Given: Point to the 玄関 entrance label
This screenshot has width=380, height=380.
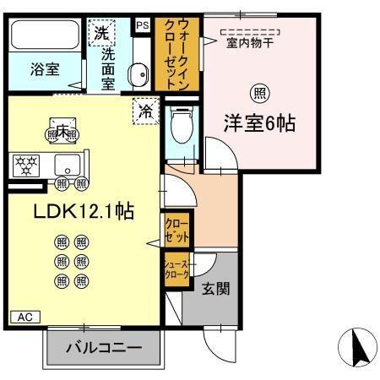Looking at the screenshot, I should [x=214, y=288].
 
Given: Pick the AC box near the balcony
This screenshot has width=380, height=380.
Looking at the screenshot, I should [x=24, y=317].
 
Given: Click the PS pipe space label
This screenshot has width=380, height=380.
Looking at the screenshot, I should [x=142, y=25].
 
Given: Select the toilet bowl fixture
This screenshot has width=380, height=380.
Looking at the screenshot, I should [x=178, y=128].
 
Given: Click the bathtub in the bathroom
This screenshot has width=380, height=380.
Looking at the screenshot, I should [x=43, y=36].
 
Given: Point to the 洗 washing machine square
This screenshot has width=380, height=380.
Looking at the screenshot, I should [x=101, y=35].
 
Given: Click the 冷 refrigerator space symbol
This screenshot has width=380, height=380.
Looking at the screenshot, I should [x=144, y=110].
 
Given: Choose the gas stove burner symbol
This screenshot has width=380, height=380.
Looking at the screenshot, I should [x=25, y=163].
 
